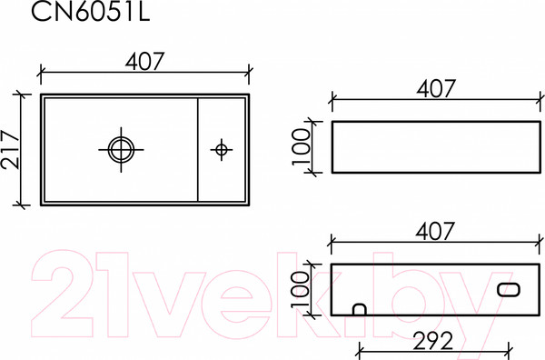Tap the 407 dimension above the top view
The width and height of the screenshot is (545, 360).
click(x=144, y=62)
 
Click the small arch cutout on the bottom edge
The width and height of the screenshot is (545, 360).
click(x=359, y=310)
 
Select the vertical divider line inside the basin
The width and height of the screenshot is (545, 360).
click(x=198, y=149)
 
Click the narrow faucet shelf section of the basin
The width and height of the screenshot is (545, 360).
click(x=221, y=173)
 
